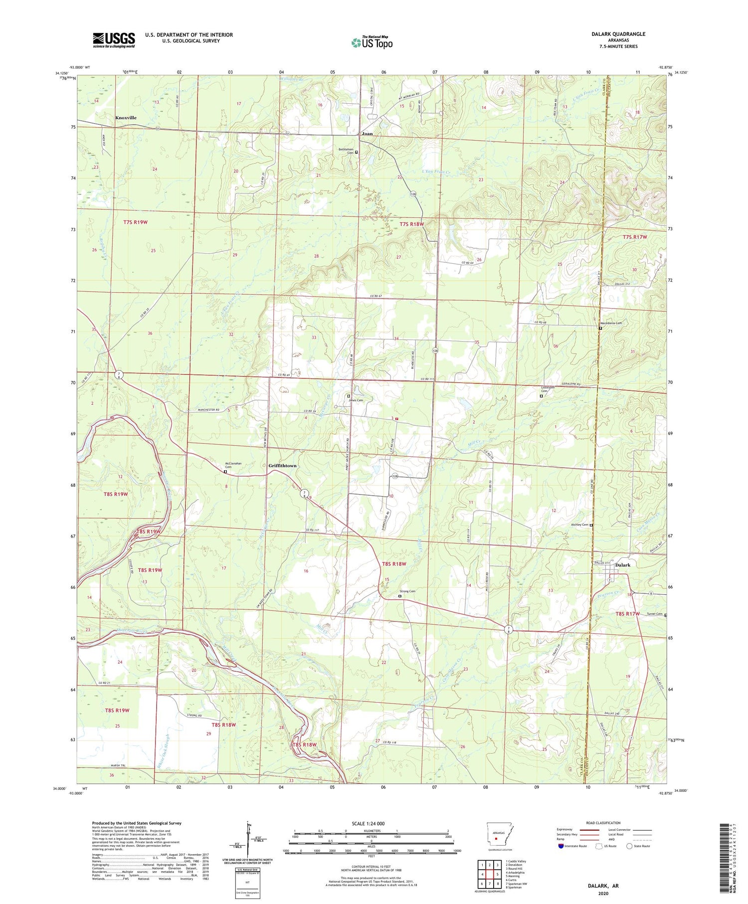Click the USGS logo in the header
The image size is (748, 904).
click(114, 40)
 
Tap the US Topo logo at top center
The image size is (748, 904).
click(372, 43)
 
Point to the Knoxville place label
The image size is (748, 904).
click(126, 118)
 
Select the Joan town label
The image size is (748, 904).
click(367, 134)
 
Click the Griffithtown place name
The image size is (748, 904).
click(282, 466)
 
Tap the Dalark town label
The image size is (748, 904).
click(623, 565)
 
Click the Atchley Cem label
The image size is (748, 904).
click(579, 525)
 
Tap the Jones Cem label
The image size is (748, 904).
click(356, 400)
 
